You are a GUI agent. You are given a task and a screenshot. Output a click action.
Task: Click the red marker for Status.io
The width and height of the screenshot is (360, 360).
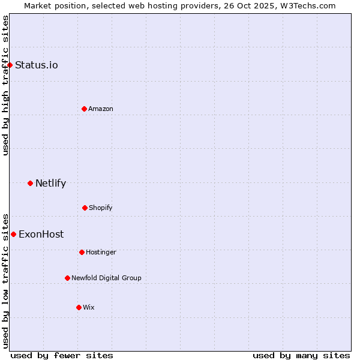10,65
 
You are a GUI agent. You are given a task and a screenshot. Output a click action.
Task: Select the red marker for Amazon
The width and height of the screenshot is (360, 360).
84,109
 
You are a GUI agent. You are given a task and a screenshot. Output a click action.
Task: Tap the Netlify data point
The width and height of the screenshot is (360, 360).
30,183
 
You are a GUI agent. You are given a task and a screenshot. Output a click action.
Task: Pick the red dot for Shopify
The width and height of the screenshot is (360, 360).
85,208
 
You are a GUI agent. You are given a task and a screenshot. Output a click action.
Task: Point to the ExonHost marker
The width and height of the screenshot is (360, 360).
13,234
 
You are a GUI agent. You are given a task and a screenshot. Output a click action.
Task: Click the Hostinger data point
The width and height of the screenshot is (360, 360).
82,252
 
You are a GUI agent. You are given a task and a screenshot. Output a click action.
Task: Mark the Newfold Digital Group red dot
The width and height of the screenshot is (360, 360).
67,278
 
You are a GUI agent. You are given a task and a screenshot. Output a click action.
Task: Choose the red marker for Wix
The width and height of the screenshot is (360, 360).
79,307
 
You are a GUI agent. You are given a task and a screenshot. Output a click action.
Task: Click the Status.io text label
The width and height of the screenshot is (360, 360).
37,65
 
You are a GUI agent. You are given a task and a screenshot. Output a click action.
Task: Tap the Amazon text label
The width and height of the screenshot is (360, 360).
101,109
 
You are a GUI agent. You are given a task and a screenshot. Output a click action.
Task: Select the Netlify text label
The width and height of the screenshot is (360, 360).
50,183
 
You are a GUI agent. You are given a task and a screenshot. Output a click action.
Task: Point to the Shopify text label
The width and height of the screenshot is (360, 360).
101,208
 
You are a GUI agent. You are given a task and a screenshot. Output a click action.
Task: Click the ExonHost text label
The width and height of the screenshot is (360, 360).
41,234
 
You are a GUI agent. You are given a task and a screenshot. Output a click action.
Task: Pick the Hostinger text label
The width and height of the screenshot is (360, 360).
101,252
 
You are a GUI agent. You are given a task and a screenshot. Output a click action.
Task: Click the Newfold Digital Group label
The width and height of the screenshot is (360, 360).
106,278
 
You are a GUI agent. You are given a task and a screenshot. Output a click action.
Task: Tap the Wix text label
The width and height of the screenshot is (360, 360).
89,307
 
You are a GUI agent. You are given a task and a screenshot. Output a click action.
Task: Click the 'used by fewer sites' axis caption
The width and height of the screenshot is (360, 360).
62,355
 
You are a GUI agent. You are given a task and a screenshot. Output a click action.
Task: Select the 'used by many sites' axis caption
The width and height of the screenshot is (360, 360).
301,355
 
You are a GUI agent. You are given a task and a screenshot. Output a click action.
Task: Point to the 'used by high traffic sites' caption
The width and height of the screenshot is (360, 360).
5,85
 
